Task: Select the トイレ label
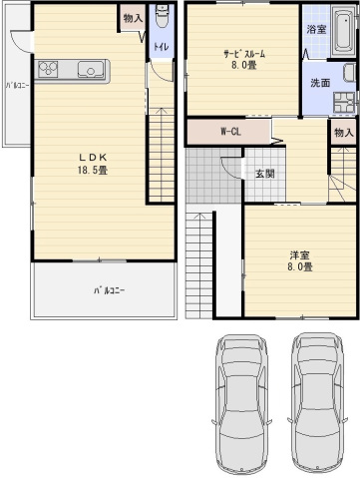[160, 47]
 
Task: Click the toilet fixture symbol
[161, 24]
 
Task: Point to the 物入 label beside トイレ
[133, 17]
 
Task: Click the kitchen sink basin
[86, 69]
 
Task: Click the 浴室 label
[316, 29]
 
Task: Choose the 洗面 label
[319, 83]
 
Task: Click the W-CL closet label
[230, 131]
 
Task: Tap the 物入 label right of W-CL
[343, 132]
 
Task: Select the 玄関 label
[264, 174]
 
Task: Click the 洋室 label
[300, 254]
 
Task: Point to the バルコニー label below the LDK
[110, 290]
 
